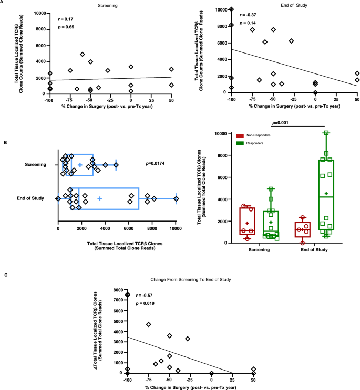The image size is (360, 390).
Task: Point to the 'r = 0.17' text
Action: click(x=65, y=18)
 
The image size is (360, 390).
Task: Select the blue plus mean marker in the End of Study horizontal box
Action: click(x=99, y=198)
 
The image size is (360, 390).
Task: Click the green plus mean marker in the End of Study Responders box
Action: click(x=326, y=194)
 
